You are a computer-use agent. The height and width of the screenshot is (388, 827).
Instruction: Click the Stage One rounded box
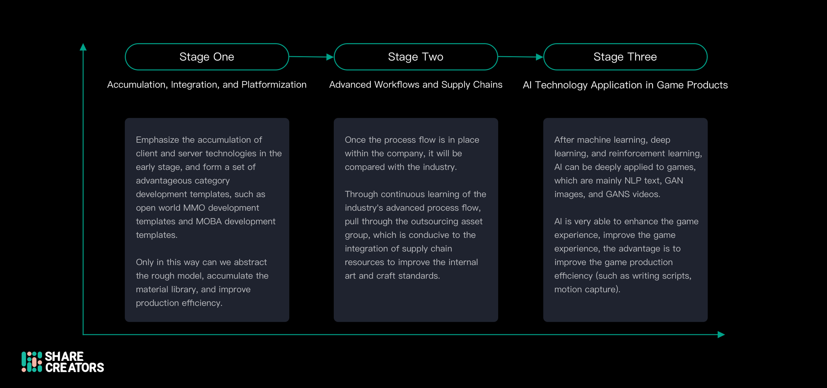click(x=207, y=57)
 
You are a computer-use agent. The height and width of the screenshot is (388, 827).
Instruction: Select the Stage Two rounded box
click(x=415, y=57)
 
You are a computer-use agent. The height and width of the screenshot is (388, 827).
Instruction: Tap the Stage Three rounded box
click(x=625, y=57)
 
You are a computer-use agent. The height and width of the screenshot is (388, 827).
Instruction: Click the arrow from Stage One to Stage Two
click(x=311, y=57)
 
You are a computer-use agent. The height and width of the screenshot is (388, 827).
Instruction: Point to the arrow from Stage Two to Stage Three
click(x=520, y=57)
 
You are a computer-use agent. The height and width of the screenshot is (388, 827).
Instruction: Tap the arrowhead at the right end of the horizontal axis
click(x=721, y=335)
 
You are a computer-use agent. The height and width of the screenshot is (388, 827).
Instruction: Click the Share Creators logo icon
click(x=32, y=362)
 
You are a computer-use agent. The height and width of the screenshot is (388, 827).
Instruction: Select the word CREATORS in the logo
click(x=74, y=368)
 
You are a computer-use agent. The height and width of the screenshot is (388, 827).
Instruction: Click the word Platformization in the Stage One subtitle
click(x=274, y=85)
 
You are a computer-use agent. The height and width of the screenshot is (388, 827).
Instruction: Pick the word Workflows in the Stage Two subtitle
click(x=397, y=85)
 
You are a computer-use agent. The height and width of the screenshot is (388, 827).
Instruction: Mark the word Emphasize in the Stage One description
click(x=157, y=140)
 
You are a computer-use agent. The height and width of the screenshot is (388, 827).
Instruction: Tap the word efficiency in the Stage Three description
click(x=574, y=276)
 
